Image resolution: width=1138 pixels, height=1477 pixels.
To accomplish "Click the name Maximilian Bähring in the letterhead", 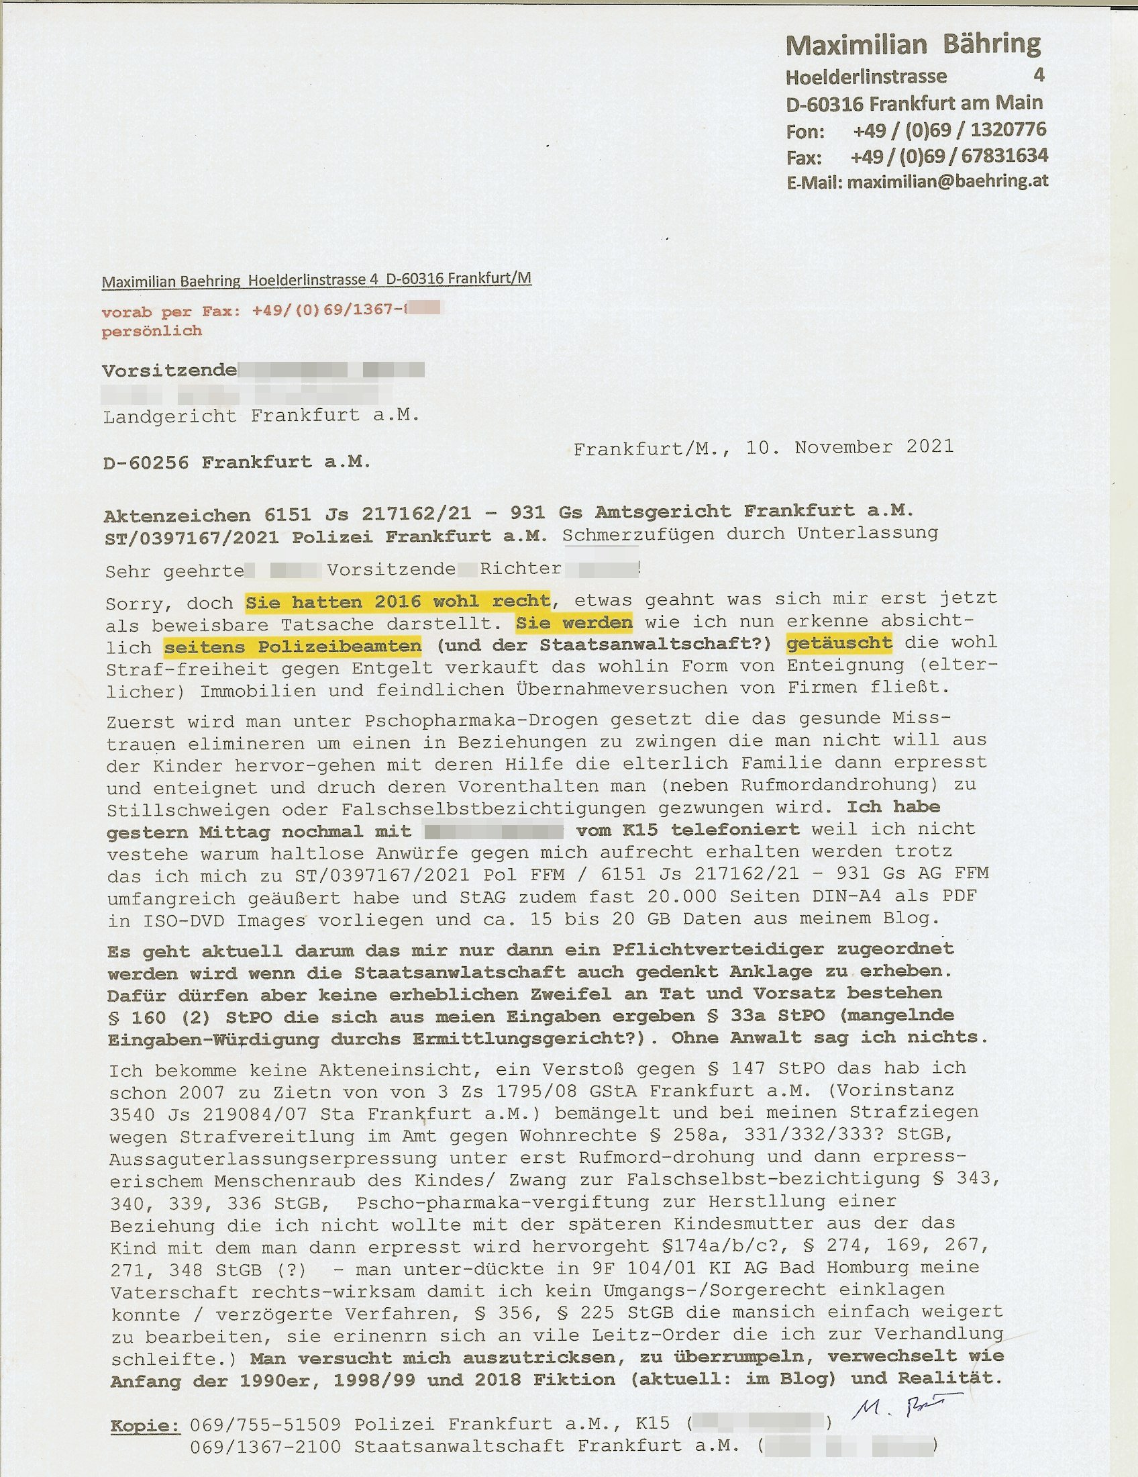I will coord(913,44).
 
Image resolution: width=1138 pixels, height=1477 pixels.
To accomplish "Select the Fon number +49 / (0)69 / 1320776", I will coord(949,129).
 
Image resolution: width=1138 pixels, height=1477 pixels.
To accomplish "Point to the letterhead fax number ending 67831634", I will coord(949,156).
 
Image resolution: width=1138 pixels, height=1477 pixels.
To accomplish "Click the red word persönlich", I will coord(152,331).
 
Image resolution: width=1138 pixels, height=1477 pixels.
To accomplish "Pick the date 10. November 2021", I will coord(849,447).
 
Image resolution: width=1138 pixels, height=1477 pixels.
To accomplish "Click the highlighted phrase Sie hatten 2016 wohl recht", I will coord(397,601).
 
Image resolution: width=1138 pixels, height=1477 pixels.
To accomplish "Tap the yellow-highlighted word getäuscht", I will coord(839,642).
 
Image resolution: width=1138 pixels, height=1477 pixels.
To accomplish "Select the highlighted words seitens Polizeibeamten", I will coord(293,647).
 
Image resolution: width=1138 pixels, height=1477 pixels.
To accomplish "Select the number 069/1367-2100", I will coord(265,1446).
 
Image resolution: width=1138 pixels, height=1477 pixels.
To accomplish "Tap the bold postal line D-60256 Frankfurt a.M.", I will coord(236,463).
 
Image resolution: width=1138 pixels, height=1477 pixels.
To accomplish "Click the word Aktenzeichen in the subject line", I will coord(177,516).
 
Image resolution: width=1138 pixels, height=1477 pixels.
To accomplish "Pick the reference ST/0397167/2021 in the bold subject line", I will coord(191,537).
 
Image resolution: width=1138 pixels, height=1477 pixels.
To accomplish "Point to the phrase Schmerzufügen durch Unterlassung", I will coord(750,534).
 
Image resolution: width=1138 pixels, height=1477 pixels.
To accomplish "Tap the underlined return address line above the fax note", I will coord(316,280).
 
